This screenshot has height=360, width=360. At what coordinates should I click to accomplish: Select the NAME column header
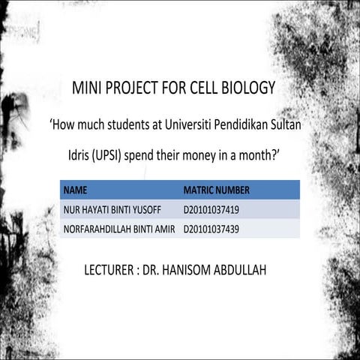point(75,190)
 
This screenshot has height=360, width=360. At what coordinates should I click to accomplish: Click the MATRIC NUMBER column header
point(216,190)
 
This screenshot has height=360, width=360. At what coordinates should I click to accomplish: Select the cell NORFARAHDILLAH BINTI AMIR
point(120,229)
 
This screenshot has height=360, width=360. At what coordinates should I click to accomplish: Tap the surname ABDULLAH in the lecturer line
point(250,268)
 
